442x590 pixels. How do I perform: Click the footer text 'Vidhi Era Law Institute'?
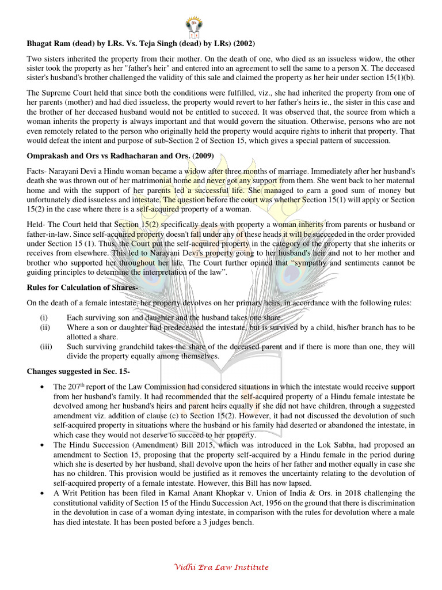point(221,568)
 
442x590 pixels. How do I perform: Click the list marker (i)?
point(44,317)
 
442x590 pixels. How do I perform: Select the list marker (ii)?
point(45,327)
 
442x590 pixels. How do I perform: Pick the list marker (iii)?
point(45,347)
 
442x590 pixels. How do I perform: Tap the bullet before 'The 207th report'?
point(44,387)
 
